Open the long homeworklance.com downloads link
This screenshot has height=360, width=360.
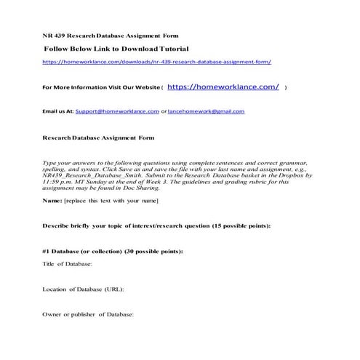pyautogui.click(x=161, y=63)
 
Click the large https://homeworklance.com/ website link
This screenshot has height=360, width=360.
pyautogui.click(x=223, y=87)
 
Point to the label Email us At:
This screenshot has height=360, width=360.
pyautogui.click(x=59, y=111)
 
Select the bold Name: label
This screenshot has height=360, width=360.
pyautogui.click(x=52, y=199)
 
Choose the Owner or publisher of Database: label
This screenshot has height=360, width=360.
pyautogui.click(x=89, y=315)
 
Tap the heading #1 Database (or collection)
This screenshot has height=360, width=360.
pyautogui.click(x=82, y=251)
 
